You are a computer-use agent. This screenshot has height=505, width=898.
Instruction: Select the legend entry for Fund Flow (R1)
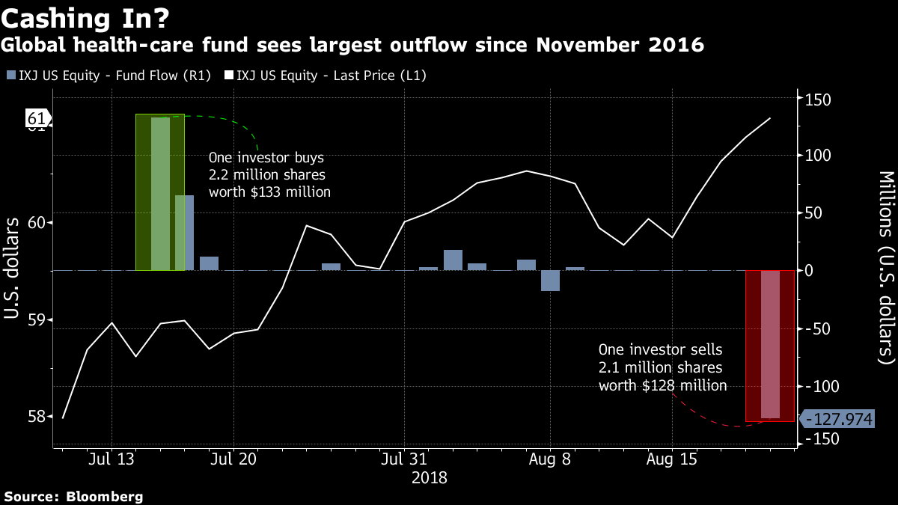(x=109, y=75)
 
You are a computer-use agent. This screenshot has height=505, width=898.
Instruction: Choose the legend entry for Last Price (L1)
(x=326, y=75)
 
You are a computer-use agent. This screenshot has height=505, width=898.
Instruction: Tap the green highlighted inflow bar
(x=160, y=192)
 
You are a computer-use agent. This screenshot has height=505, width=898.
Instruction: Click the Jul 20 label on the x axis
(x=233, y=459)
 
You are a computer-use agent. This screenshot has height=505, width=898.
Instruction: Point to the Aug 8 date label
(x=550, y=459)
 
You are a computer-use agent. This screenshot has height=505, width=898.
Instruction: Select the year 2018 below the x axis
(x=429, y=477)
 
